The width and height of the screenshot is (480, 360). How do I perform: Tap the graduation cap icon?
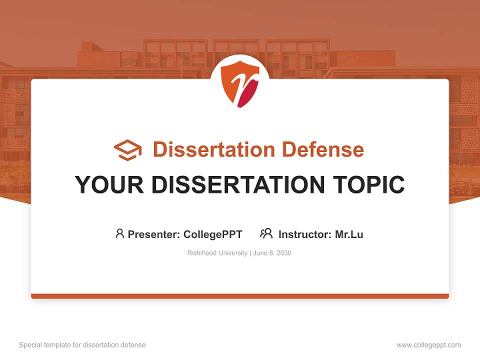(127, 150)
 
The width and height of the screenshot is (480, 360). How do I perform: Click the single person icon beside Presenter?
(119, 233)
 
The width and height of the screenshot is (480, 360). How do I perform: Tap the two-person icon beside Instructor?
(266, 233)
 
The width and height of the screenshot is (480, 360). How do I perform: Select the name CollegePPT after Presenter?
(212, 234)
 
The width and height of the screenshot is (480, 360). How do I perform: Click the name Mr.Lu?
(349, 234)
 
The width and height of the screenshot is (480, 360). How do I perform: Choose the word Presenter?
(154, 234)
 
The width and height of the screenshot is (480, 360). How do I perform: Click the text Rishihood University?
(217, 253)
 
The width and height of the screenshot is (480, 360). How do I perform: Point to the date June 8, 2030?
(272, 253)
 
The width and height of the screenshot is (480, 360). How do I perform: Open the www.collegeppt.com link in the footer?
(428, 345)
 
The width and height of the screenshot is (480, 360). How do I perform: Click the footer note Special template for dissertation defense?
(82, 345)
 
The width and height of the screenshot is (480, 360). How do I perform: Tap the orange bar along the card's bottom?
(240, 296)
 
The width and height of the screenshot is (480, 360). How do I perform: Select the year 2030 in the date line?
(282, 253)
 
